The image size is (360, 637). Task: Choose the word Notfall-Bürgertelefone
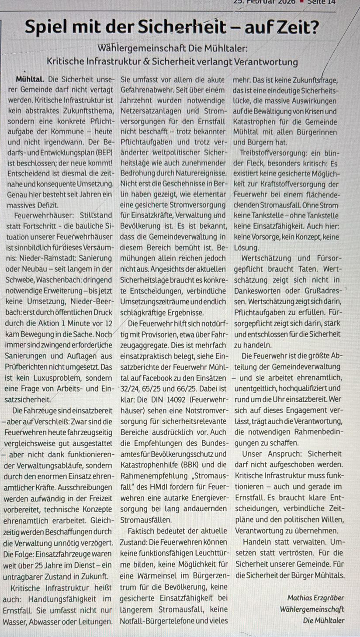point(156,620)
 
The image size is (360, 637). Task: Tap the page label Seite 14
point(341,2)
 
